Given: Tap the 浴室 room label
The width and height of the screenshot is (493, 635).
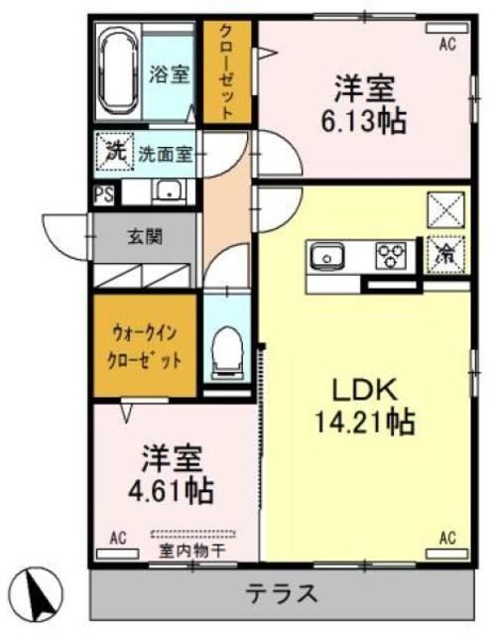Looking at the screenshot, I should (x=170, y=73).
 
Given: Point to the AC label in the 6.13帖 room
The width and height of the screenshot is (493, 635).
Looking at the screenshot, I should (x=447, y=43).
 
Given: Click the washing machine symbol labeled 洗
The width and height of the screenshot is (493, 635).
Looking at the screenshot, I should (x=114, y=154).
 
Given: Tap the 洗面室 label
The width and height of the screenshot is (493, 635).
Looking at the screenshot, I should (x=165, y=155).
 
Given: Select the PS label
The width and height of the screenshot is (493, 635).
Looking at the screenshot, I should (x=102, y=194).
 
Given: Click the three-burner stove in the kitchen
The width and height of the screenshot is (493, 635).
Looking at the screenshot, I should (x=390, y=256).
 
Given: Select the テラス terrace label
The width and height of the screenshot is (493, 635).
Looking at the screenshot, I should (x=282, y=594).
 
